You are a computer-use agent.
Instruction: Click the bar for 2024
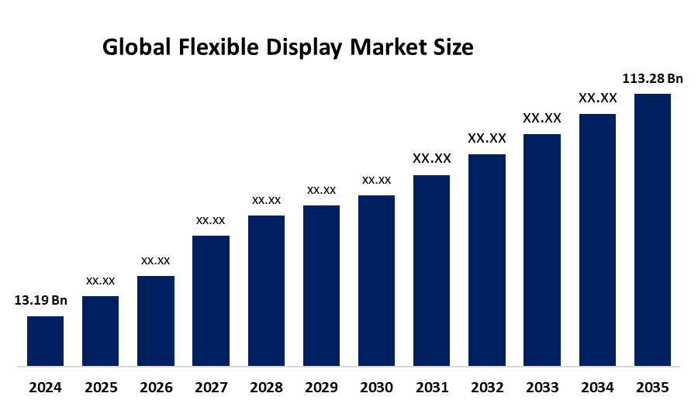(x=45, y=340)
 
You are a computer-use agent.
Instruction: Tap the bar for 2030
(x=376, y=280)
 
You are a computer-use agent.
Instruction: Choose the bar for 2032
(x=487, y=260)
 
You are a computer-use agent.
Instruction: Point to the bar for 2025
(x=100, y=330)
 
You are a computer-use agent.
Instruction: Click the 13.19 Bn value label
(x=41, y=301)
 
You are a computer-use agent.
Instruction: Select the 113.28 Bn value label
(x=652, y=78)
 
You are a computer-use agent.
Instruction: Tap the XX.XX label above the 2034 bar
(x=597, y=98)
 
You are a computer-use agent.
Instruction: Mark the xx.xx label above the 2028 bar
(x=266, y=200)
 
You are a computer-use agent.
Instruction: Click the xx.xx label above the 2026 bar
(x=155, y=260)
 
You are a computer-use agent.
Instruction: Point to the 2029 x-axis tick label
(x=321, y=387)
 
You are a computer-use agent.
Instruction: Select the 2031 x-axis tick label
(x=431, y=387)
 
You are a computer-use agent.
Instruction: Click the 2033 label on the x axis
(x=542, y=387)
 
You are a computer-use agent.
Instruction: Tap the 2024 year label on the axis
(x=45, y=387)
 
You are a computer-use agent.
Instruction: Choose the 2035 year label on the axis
(x=652, y=387)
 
